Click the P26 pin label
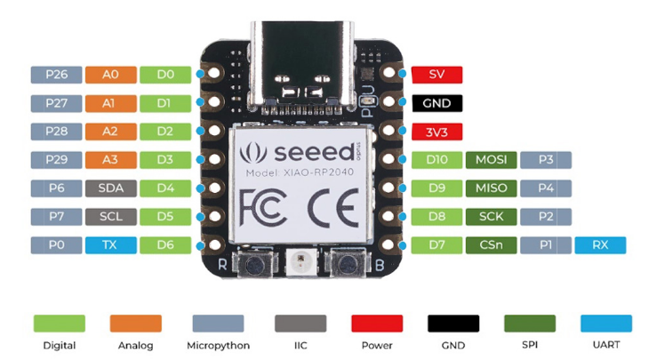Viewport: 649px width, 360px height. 56,75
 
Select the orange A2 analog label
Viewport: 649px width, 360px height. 110,132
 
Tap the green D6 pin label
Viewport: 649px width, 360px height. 164,244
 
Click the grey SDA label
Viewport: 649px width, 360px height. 110,188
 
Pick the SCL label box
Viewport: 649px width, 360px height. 110,216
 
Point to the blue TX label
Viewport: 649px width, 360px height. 110,244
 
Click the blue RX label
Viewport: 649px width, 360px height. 600,245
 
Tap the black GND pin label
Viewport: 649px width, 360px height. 437,103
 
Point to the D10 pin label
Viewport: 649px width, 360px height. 437,160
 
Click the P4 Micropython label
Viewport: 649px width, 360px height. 546,188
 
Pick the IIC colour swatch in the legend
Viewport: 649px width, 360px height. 300,323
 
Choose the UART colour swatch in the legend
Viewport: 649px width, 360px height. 606,323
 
